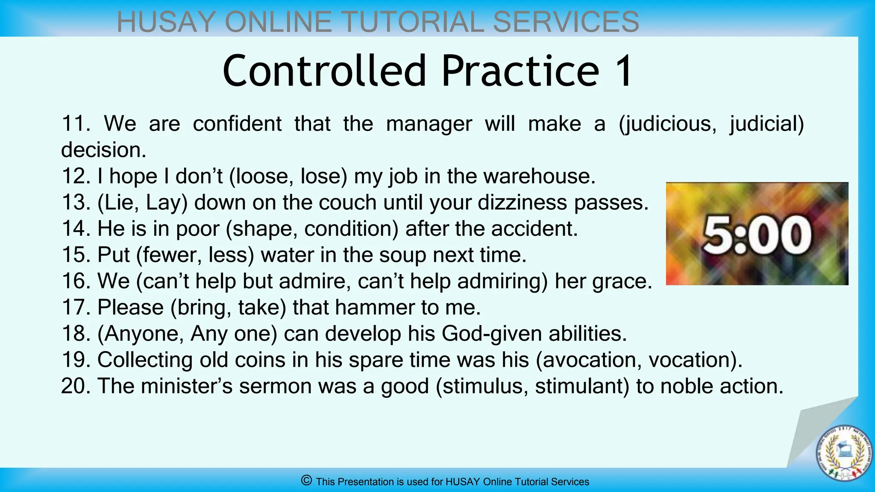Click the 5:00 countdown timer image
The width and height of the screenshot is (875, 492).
(757, 234)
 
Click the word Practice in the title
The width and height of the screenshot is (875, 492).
(520, 71)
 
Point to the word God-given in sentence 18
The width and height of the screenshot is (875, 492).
(492, 334)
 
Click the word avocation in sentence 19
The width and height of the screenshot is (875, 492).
(590, 360)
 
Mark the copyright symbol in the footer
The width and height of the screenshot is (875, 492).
(306, 481)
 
